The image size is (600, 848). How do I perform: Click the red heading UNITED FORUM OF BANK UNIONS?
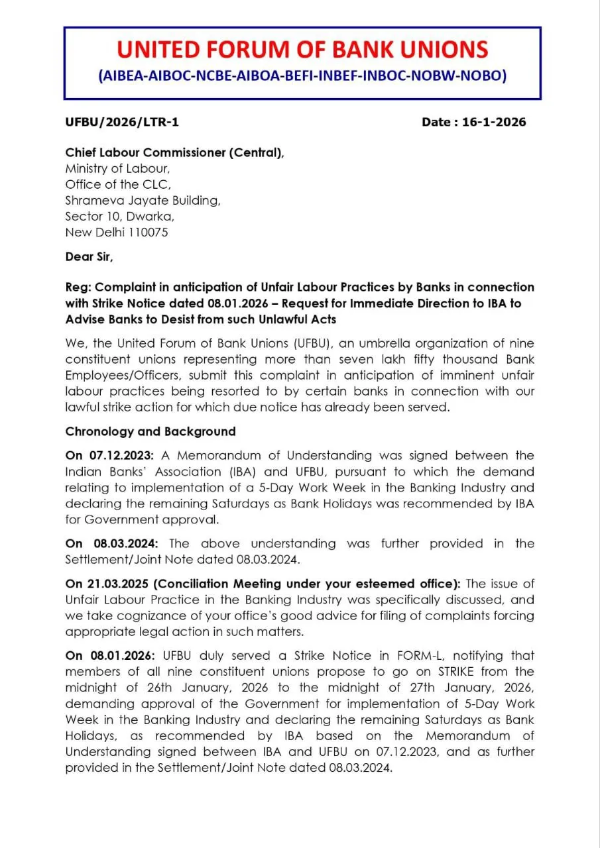(302, 49)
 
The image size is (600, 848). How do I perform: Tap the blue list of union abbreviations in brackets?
(302, 76)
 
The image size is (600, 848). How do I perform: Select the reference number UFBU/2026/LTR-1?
(122, 122)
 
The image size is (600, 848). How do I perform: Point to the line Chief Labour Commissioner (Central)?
(174, 153)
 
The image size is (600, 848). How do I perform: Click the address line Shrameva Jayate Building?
(143, 200)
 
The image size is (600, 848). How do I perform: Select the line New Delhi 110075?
(117, 232)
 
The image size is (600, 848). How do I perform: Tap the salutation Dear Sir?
(89, 256)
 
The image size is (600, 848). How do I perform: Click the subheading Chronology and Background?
(150, 431)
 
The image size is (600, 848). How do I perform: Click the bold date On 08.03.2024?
(111, 543)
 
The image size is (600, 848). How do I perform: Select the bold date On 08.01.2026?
(110, 655)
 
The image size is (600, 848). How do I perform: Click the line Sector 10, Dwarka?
(120, 216)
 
